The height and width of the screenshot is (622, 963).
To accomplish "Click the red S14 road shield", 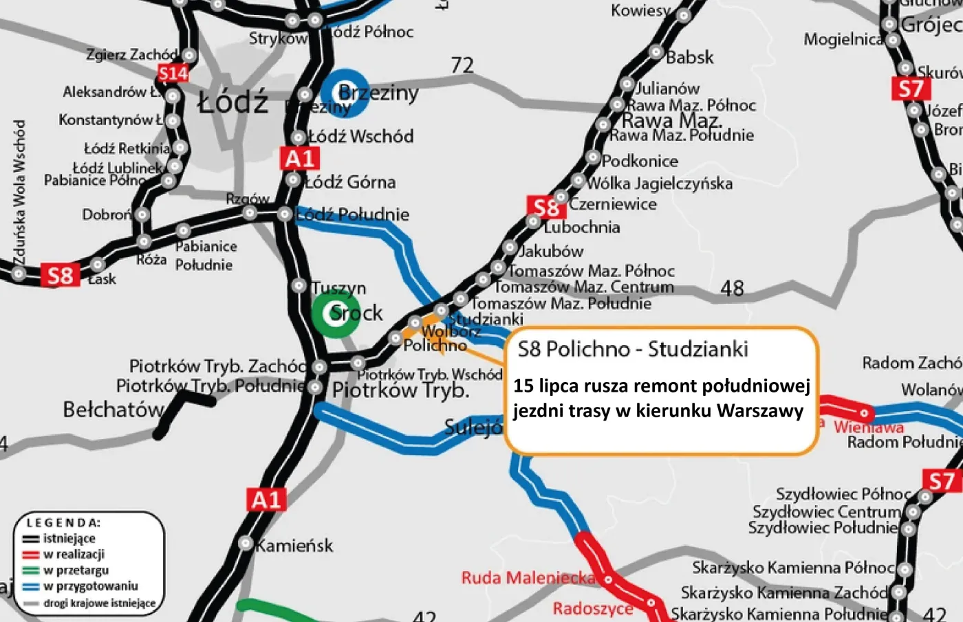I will coord(173,74).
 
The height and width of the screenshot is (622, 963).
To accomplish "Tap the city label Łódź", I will coord(232,103).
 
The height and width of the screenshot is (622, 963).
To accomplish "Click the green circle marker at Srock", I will coord(336,313).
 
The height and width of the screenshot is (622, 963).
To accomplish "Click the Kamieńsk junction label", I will coord(294,546).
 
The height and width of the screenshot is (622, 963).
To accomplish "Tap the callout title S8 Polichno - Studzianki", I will coord(633,349).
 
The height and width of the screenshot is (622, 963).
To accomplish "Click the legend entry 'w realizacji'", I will coord(74,554).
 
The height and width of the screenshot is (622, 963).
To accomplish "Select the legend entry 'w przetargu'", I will coord(76,570).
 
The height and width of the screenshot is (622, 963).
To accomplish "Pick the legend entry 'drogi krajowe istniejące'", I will coord(99,603).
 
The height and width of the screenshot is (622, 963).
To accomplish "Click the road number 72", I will coord(462,65).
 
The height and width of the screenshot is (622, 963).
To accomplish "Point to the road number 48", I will coord(732,288).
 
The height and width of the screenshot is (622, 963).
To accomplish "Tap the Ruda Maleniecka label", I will coord(528,578).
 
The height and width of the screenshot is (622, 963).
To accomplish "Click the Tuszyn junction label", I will coord(338,288).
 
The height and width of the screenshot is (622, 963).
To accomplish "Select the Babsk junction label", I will coord(689,57).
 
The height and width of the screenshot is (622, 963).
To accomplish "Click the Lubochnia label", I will coord(582,227).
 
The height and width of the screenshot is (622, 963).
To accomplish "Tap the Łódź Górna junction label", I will coord(351,182).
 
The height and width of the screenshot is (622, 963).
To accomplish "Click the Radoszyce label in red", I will coord(592,608).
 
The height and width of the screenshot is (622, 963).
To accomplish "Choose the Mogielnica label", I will coord(843,39).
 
